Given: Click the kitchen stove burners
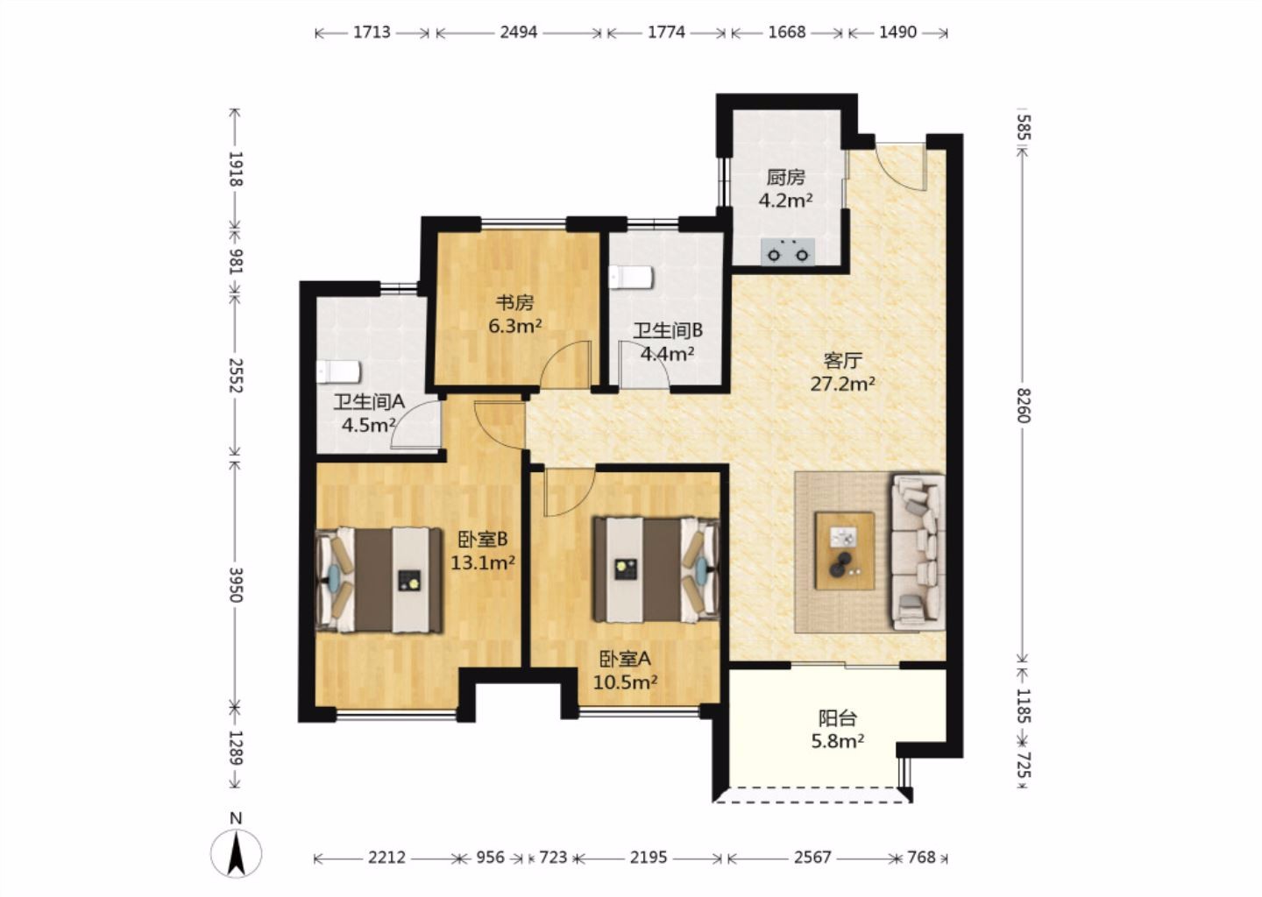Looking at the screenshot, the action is click(x=788, y=251).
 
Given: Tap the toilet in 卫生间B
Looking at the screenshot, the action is click(x=630, y=277).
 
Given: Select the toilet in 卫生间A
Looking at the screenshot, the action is click(x=337, y=372).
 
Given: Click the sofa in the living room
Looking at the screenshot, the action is click(x=918, y=552).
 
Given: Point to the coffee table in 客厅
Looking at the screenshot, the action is click(x=845, y=551).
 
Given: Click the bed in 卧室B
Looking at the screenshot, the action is click(x=379, y=580).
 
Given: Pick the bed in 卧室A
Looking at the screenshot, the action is click(x=656, y=570).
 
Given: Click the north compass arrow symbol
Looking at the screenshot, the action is click(x=236, y=852).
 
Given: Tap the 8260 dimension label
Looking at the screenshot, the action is click(x=1024, y=406).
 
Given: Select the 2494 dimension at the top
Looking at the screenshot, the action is click(x=518, y=32).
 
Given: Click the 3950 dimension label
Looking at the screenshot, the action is click(x=236, y=584).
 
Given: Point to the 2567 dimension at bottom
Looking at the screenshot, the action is click(x=812, y=857).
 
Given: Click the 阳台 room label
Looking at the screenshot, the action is click(x=838, y=718).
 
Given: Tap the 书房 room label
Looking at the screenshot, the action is click(x=514, y=303).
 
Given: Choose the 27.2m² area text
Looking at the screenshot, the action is click(x=843, y=384).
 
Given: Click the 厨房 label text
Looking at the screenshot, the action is click(x=785, y=177).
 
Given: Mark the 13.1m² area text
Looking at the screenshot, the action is click(x=483, y=562).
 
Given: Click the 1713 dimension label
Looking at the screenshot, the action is click(x=372, y=32).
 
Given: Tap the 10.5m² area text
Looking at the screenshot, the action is click(x=626, y=682).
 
